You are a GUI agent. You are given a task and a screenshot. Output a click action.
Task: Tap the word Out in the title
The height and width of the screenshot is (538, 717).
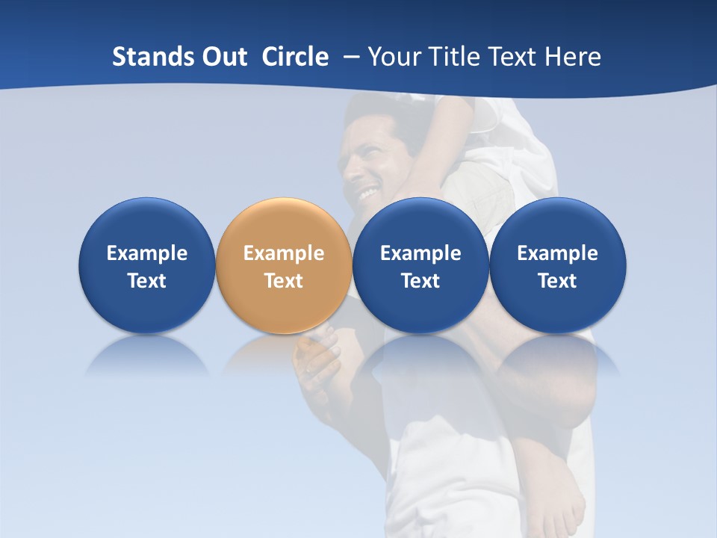pos(223,57)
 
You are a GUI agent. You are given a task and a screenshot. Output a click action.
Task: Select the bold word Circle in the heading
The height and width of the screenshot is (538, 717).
pos(295,57)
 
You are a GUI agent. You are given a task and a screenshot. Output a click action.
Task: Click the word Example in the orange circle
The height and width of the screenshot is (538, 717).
pos(284,253)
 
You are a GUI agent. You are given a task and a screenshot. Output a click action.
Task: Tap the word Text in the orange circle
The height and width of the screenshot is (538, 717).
pos(284,281)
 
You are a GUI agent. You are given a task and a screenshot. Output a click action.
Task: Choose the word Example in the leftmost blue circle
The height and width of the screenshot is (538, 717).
pos(147,253)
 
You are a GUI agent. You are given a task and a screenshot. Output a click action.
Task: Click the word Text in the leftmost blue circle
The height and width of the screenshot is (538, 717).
pos(147,281)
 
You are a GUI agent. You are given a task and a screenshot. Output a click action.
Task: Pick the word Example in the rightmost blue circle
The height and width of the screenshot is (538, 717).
pos(557,253)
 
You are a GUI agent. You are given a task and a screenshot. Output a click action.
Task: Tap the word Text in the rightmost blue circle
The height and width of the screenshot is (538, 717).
pos(557,281)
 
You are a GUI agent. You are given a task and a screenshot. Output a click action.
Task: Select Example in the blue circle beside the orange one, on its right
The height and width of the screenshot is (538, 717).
pos(420,253)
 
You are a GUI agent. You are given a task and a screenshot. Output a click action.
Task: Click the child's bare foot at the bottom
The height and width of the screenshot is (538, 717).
pos(556,501)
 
